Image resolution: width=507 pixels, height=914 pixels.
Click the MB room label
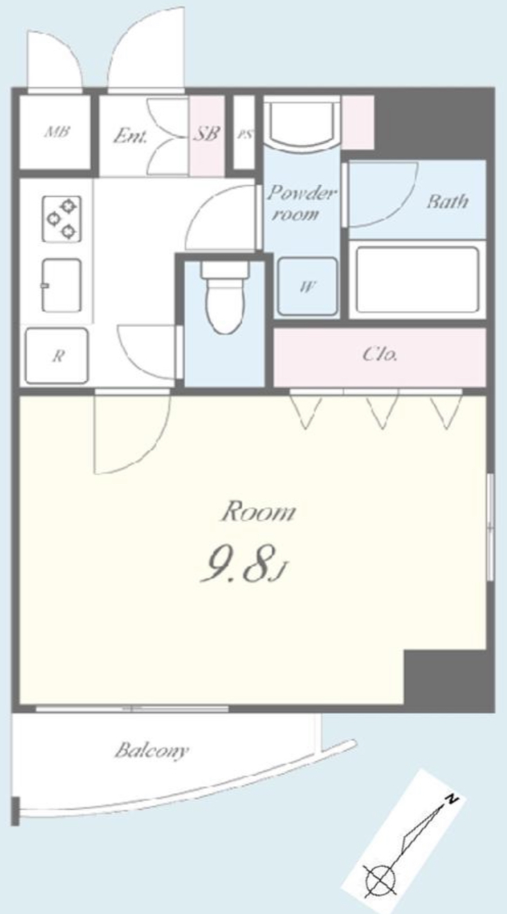pyautogui.click(x=57, y=132)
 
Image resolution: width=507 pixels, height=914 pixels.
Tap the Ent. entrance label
pyautogui.click(x=130, y=136)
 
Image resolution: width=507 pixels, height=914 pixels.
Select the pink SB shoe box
pyautogui.click(x=207, y=136)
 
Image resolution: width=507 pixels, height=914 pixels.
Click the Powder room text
pyautogui.click(x=302, y=203)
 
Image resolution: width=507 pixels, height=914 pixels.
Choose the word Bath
pyautogui.click(x=447, y=202)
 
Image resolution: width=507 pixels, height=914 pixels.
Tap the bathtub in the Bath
pyautogui.click(x=417, y=280)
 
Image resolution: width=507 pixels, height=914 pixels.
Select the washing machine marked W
pyautogui.click(x=308, y=286)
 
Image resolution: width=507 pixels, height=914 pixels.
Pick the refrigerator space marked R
pyautogui.click(x=57, y=356)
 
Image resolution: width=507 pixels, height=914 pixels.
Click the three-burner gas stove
pyautogui.click(x=62, y=219)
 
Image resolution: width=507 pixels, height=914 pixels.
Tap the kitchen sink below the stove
pyautogui.click(x=62, y=285)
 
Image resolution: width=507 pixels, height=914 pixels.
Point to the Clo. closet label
pyautogui.click(x=380, y=354)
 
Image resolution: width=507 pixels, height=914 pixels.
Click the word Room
pyautogui.click(x=258, y=512)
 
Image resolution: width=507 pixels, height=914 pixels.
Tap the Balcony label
pyautogui.click(x=152, y=750)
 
